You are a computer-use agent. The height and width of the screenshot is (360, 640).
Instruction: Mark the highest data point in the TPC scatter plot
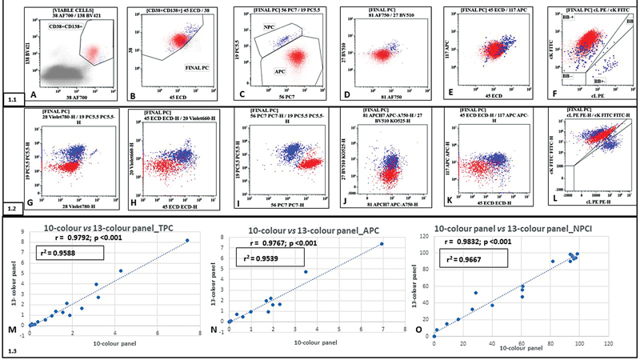pos(187,241)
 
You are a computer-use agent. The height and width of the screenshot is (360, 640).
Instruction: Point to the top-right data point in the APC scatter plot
pos(382,244)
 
